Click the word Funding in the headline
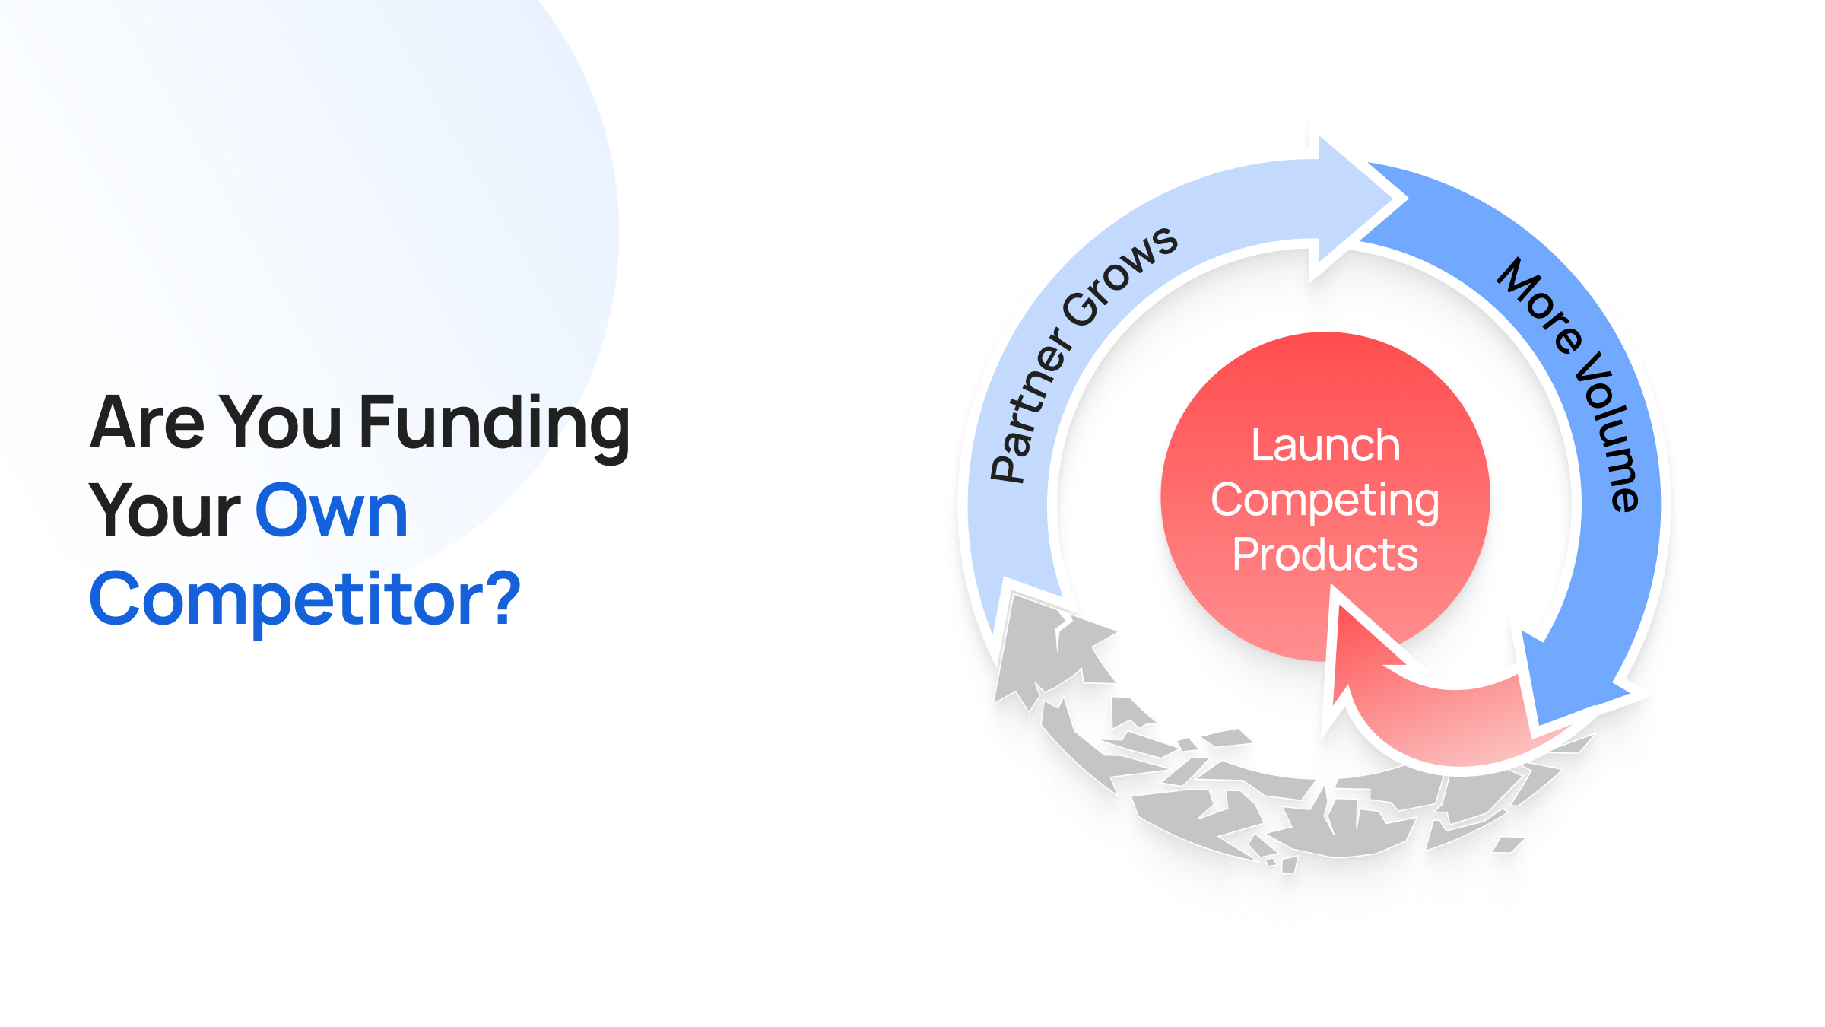494,426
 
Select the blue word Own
332,510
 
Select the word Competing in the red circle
1325,502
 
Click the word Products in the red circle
1325,554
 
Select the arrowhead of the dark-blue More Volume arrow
1574,677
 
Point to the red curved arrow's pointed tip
1337,587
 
